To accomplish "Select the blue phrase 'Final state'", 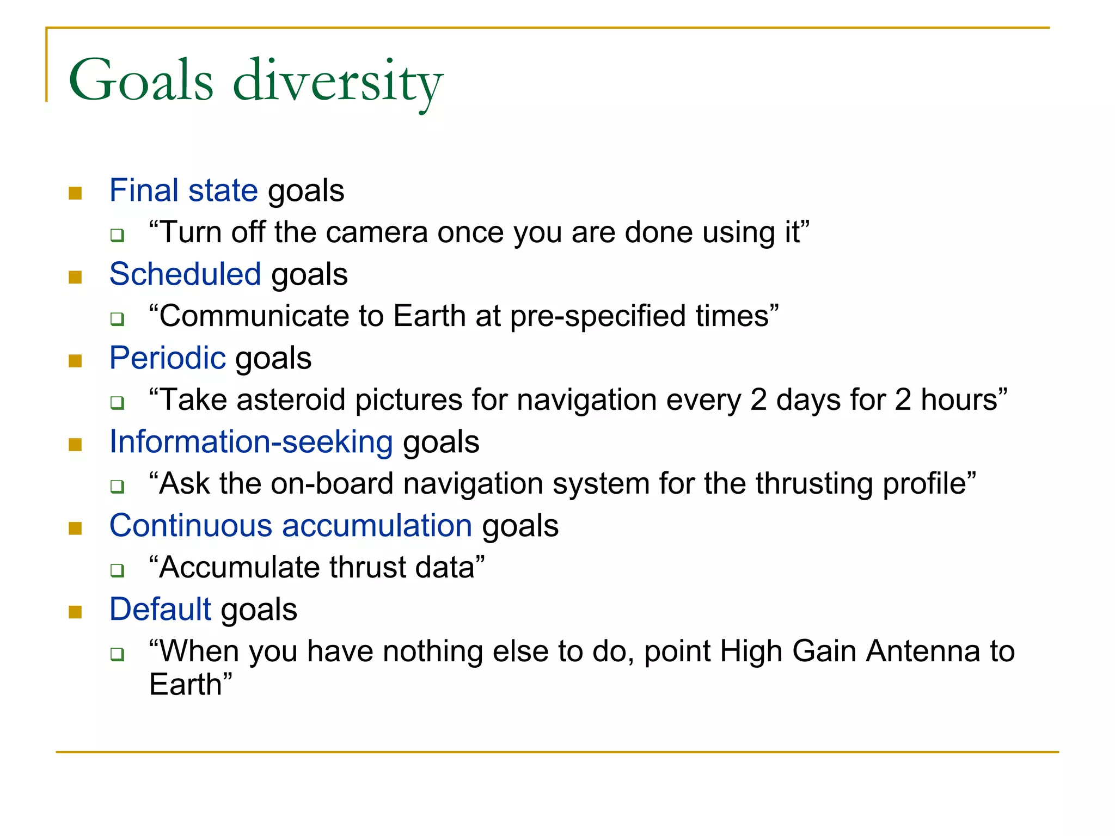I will pyautogui.click(x=183, y=190).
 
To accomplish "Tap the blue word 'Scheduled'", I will pyautogui.click(x=185, y=274).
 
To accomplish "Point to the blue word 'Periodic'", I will pyautogui.click(x=167, y=358).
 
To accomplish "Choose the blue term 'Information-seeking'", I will pyautogui.click(x=251, y=442).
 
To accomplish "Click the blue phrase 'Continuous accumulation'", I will pyautogui.click(x=291, y=526).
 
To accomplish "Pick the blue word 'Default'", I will pyautogui.click(x=160, y=610).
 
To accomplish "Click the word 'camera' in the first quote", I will pyautogui.click(x=378, y=232).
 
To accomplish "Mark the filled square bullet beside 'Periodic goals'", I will pyautogui.click(x=75, y=361).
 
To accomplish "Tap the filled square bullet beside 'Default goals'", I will pyautogui.click(x=75, y=613).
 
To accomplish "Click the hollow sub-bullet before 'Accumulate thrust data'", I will pyautogui.click(x=117, y=570).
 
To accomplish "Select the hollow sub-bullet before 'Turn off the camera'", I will pyautogui.click(x=117, y=236).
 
